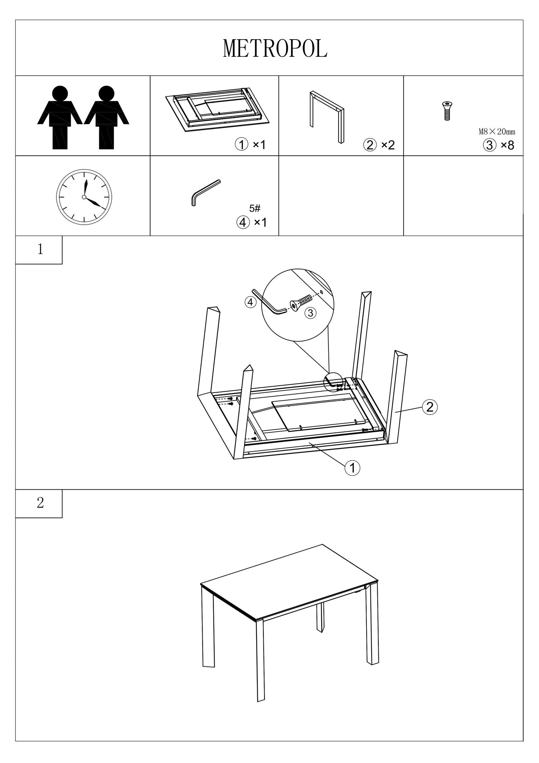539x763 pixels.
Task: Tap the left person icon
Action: [x=60, y=117]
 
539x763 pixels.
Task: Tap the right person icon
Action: [x=106, y=117]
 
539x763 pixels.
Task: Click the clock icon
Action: [x=84, y=197]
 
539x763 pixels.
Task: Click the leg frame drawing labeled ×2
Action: [x=327, y=117]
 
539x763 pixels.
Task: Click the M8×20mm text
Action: [x=497, y=132]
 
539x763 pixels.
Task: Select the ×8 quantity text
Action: [x=507, y=145]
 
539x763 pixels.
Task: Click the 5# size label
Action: [x=254, y=208]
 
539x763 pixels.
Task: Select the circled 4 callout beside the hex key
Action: [x=250, y=302]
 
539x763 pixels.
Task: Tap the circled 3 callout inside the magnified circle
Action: [x=310, y=313]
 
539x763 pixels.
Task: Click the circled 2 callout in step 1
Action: [x=430, y=407]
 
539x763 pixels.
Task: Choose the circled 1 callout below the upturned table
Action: [x=352, y=468]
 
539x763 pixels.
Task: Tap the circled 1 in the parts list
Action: [x=241, y=145]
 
